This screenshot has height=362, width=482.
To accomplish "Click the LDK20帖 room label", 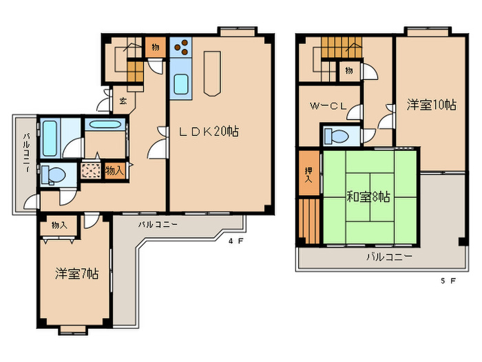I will coord(209,131).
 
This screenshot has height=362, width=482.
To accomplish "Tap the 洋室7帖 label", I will coord(76,274).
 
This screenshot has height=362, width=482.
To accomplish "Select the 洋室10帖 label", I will coord(430,105).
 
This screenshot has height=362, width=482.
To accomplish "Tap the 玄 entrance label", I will coord(123,101).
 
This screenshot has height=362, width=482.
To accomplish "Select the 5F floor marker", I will coord(448,281).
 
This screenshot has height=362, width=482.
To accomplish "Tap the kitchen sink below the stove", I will coord(181,85).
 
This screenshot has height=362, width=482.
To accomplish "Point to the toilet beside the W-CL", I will coord(337,134).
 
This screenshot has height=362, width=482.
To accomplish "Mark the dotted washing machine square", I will coord(90,171).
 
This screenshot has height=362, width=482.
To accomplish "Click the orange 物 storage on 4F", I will coord(154,47).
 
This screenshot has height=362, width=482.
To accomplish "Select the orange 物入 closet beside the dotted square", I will coord(115,170).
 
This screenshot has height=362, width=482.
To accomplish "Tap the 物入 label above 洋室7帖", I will coord(59,225).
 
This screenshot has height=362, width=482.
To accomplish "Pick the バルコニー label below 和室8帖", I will coord(389,257).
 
